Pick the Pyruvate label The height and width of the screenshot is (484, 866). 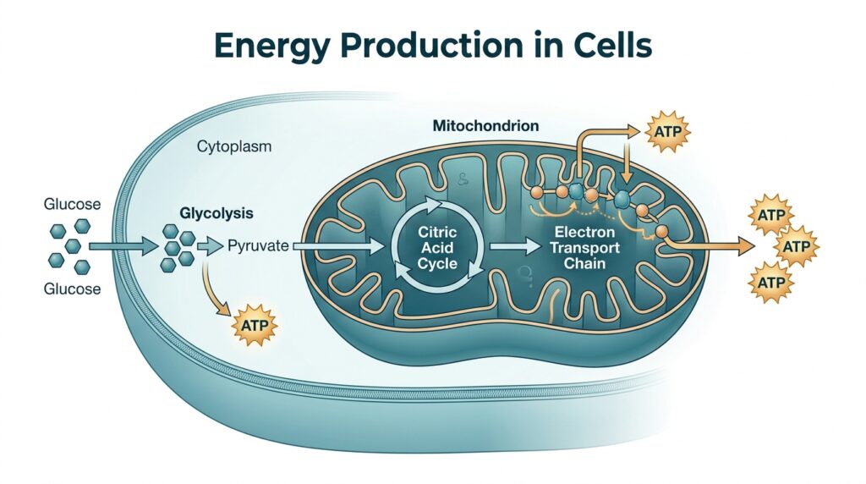tap(259, 246)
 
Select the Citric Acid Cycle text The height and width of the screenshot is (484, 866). tap(437, 247)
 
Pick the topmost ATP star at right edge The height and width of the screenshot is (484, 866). tap(771, 215)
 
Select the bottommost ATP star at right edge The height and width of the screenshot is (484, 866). tap(770, 279)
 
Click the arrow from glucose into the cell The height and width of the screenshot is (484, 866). tap(123, 246)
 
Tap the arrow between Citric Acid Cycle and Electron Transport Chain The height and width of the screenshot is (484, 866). tap(516, 246)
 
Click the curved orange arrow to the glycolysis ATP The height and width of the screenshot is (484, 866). tap(213, 292)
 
